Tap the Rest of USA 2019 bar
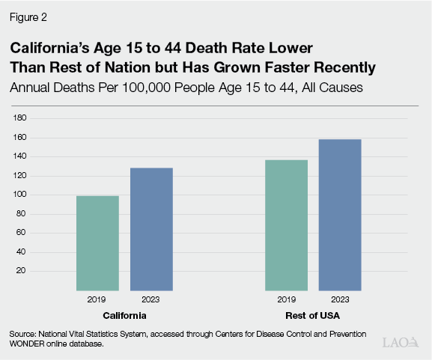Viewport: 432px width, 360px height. coord(287,225)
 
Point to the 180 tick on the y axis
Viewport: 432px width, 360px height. coord(21,118)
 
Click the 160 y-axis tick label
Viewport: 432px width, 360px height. coord(21,138)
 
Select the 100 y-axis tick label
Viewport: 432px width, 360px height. coord(21,195)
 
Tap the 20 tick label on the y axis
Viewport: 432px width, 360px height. coord(22,270)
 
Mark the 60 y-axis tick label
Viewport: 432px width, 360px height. coord(22,233)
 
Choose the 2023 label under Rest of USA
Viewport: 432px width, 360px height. coord(340,299)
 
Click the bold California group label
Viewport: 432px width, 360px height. coord(124,314)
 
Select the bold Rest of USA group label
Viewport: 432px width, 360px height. coord(313,314)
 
